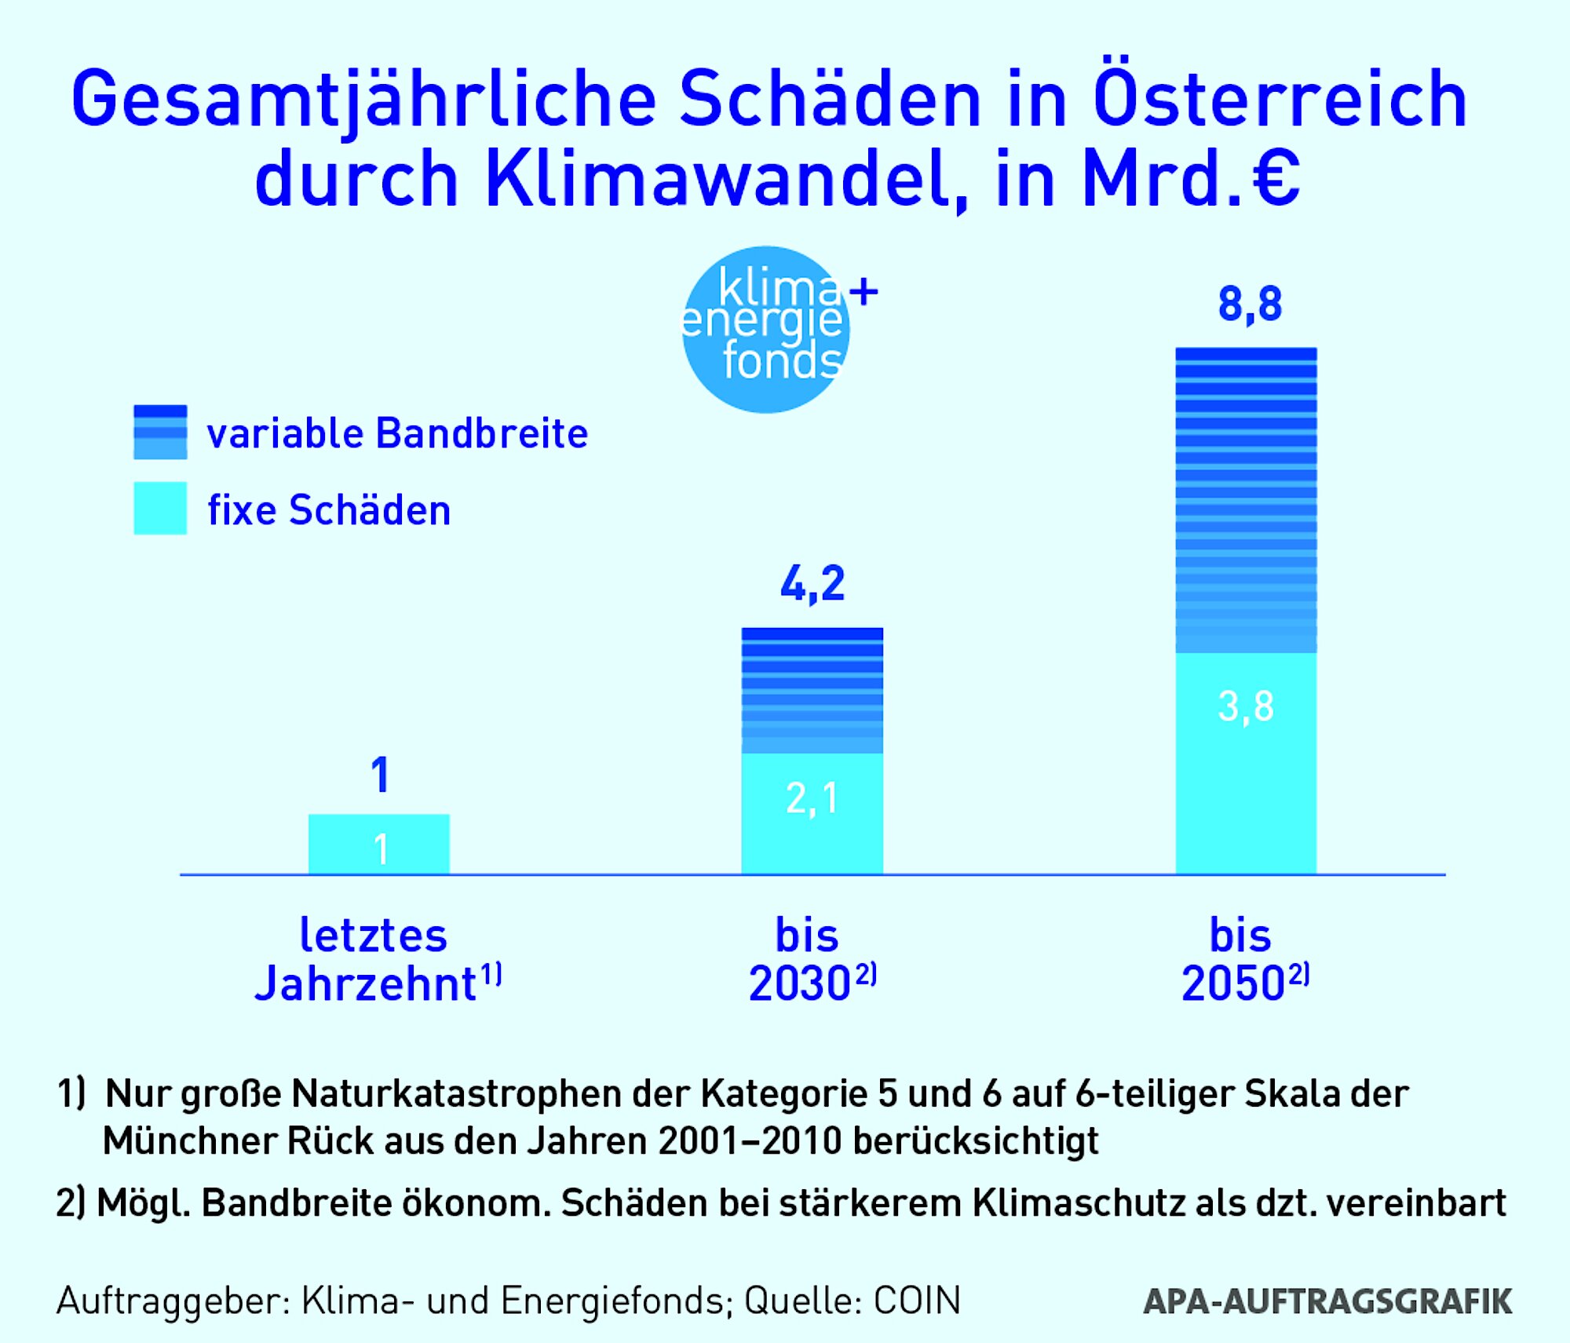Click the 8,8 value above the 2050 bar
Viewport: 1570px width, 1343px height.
(1249, 305)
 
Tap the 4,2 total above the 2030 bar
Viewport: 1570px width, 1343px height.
(812, 584)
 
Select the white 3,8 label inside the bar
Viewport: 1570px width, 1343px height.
(1246, 706)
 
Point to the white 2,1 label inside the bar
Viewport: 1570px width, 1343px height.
(812, 799)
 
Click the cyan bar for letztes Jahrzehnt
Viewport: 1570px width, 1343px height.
(379, 844)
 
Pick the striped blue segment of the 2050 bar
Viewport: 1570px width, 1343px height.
(1246, 500)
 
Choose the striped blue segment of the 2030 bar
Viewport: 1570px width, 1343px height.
(812, 690)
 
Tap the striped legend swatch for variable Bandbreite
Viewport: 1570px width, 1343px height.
(160, 432)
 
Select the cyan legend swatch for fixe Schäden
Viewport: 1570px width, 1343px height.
(160, 509)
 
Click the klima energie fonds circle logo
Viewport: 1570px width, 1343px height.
(765, 330)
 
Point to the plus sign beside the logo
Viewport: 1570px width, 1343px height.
(863, 292)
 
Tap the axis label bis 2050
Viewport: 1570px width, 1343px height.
(1244, 959)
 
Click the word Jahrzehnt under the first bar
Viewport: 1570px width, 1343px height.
(366, 984)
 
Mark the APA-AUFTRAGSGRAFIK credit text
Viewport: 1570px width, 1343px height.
(1327, 1301)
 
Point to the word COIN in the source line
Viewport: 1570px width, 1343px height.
(917, 1301)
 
